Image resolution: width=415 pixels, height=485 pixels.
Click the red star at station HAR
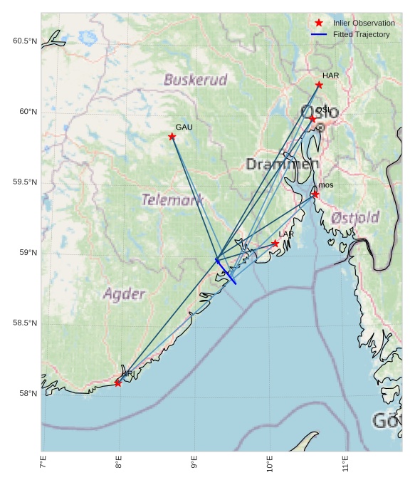(x=319, y=85)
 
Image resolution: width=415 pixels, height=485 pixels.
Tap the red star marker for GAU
(x=172, y=136)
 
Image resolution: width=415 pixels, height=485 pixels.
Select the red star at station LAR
(x=275, y=244)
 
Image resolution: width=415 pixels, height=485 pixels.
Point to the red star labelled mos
(x=315, y=194)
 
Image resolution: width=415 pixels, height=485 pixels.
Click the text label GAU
(x=184, y=127)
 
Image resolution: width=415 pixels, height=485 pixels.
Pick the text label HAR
(x=330, y=75)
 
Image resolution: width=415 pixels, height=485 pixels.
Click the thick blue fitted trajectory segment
(x=226, y=273)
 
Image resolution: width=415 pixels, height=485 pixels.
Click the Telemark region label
(x=173, y=200)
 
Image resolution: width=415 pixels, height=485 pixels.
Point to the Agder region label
(x=124, y=293)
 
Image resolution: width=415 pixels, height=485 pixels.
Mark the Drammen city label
(x=283, y=165)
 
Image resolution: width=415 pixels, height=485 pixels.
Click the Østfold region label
(x=355, y=217)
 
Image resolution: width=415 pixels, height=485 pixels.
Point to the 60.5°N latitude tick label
(x=24, y=41)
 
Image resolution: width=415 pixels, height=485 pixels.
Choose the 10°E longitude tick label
(x=270, y=466)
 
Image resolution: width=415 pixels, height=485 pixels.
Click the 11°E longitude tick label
(x=345, y=466)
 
